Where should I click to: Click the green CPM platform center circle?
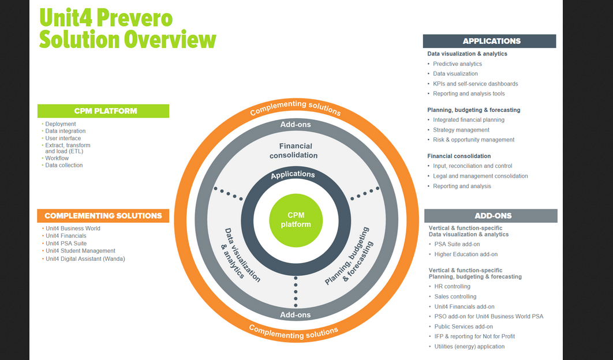tap(295, 220)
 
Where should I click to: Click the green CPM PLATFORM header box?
tap(103, 111)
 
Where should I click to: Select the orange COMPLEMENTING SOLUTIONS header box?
tap(103, 216)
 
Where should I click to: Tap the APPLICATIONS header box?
tap(489, 41)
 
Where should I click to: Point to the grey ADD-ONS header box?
tap(491, 216)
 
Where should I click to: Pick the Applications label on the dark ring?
tap(293, 174)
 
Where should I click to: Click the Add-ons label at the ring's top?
tap(296, 125)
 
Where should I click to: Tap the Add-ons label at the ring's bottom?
tap(296, 314)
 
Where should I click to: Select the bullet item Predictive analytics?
tap(457, 64)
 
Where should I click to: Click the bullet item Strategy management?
tap(461, 130)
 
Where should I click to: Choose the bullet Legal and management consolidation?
tap(480, 176)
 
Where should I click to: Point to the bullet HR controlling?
tap(452, 286)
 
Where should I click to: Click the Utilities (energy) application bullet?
tap(469, 347)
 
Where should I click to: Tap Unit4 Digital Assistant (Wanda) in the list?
tap(85, 259)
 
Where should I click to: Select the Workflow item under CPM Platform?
tap(57, 158)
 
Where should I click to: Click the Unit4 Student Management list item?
tap(80, 251)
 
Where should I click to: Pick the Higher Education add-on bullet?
tap(466, 254)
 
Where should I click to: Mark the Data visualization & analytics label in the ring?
tap(241, 254)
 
